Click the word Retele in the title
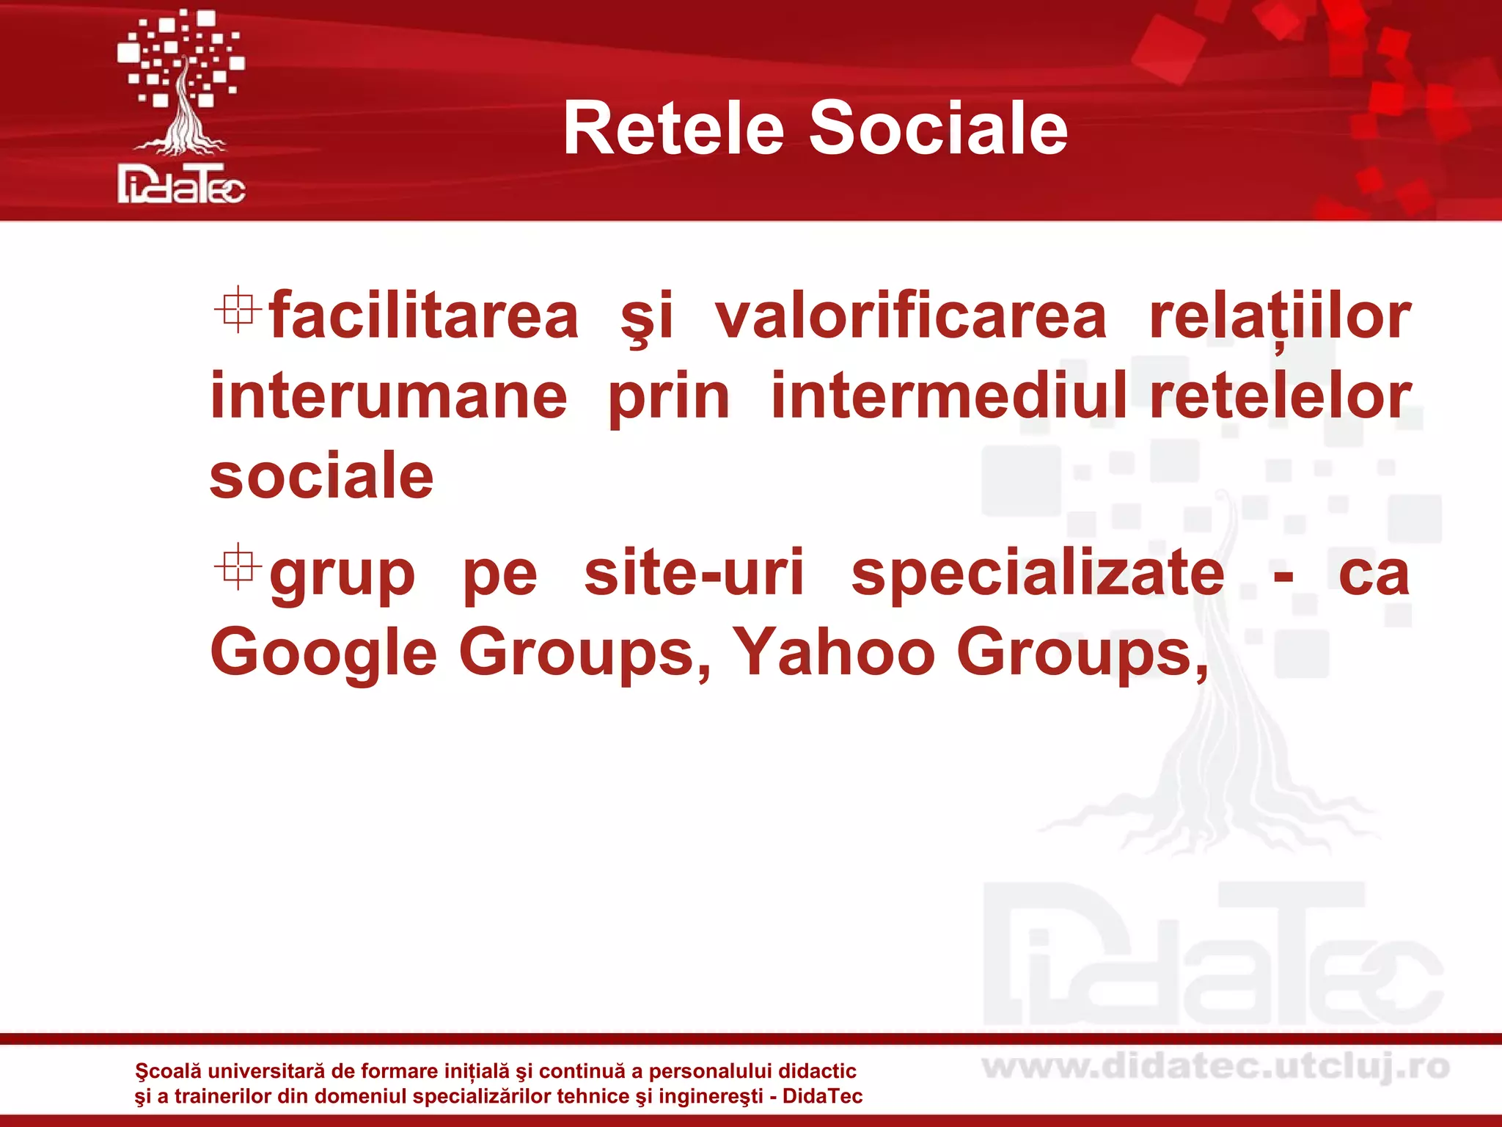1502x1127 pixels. pos(673,129)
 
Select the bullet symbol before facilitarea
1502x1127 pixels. pos(238,312)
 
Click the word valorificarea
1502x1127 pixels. pos(910,317)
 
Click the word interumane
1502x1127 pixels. pos(389,397)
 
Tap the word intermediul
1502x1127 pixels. pos(949,397)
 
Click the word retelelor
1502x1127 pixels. pos(1280,397)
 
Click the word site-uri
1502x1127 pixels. pos(694,573)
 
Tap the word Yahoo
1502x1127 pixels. pos(834,652)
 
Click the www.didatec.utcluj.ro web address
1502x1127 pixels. pos(1215,1067)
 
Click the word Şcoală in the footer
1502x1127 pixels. pos(168,1072)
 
